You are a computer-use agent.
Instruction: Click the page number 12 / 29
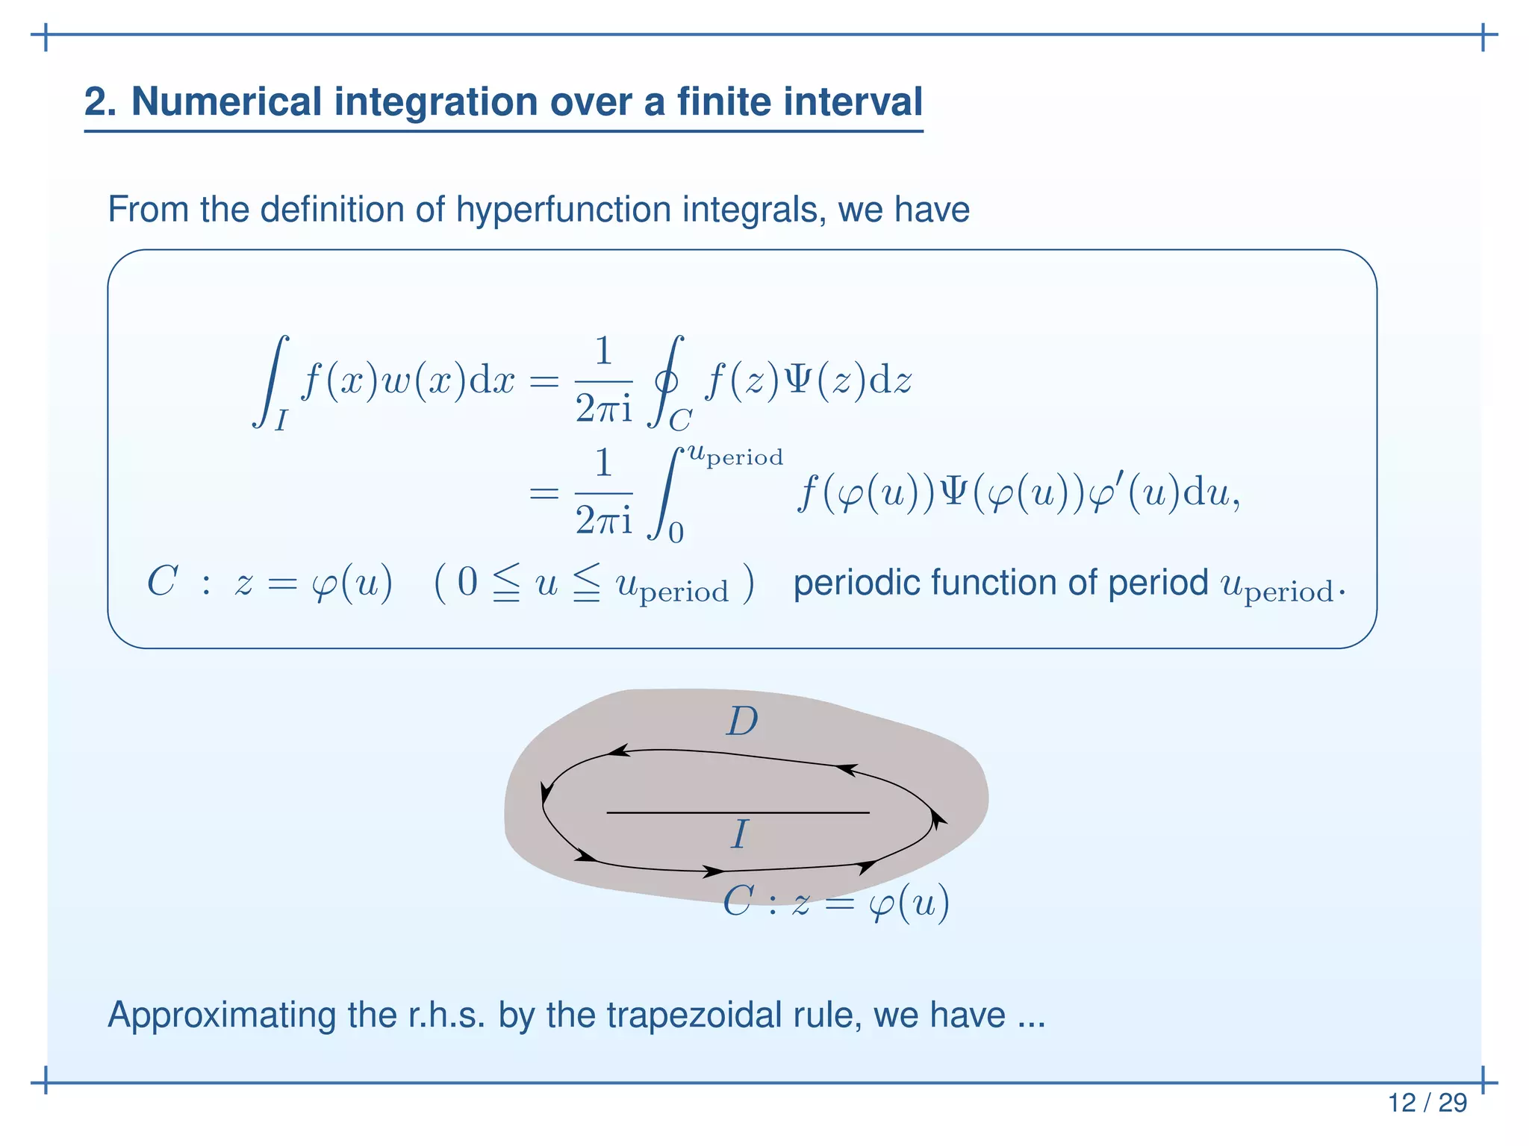pos(1427,1103)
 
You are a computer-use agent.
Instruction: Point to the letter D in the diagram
pos(741,721)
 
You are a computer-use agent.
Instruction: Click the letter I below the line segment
pos(739,834)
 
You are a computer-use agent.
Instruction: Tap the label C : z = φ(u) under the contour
pos(835,904)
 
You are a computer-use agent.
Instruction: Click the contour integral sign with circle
pos(666,382)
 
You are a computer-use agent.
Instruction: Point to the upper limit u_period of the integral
pos(735,455)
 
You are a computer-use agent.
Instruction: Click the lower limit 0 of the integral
pos(676,533)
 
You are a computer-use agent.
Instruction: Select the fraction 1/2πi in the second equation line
pos(603,492)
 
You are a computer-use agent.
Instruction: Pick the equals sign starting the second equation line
pos(544,493)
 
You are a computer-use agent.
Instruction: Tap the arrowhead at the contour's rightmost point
pos(937,820)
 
